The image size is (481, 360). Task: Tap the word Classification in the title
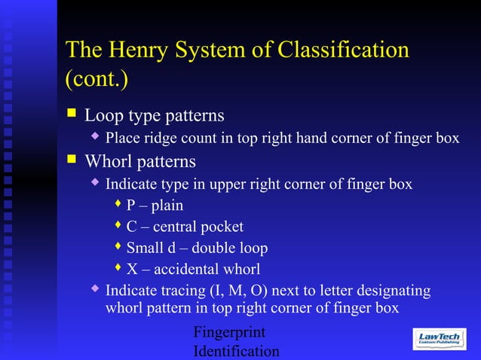[x=344, y=50]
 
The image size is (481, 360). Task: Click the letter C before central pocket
[x=131, y=227]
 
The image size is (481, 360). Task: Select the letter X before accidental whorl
[x=131, y=269]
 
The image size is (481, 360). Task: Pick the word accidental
[x=189, y=269]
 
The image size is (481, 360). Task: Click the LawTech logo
[x=440, y=338]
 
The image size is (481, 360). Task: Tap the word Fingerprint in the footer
[x=229, y=332]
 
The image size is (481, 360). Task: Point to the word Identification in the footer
[x=236, y=351]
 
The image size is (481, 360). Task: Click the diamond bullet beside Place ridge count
[x=95, y=137]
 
